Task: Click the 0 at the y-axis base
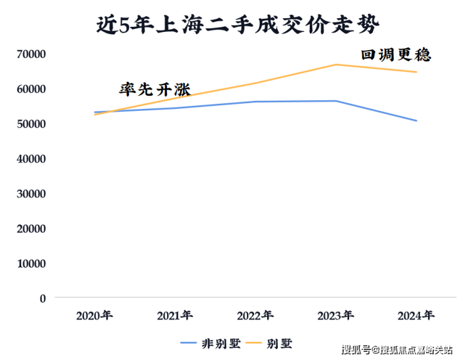point(43,299)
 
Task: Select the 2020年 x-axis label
point(94,315)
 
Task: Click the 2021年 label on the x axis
point(175,315)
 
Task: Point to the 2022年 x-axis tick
point(256,315)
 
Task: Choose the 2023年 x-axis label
point(336,315)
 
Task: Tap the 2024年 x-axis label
point(417,315)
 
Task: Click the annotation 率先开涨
point(155,89)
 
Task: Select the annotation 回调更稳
point(396,55)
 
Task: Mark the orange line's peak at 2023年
point(336,64)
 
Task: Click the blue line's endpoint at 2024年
point(417,121)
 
